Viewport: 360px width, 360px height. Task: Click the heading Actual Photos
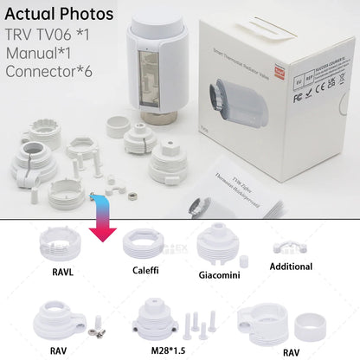tap(59, 15)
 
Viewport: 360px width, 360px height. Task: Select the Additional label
tap(291, 267)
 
